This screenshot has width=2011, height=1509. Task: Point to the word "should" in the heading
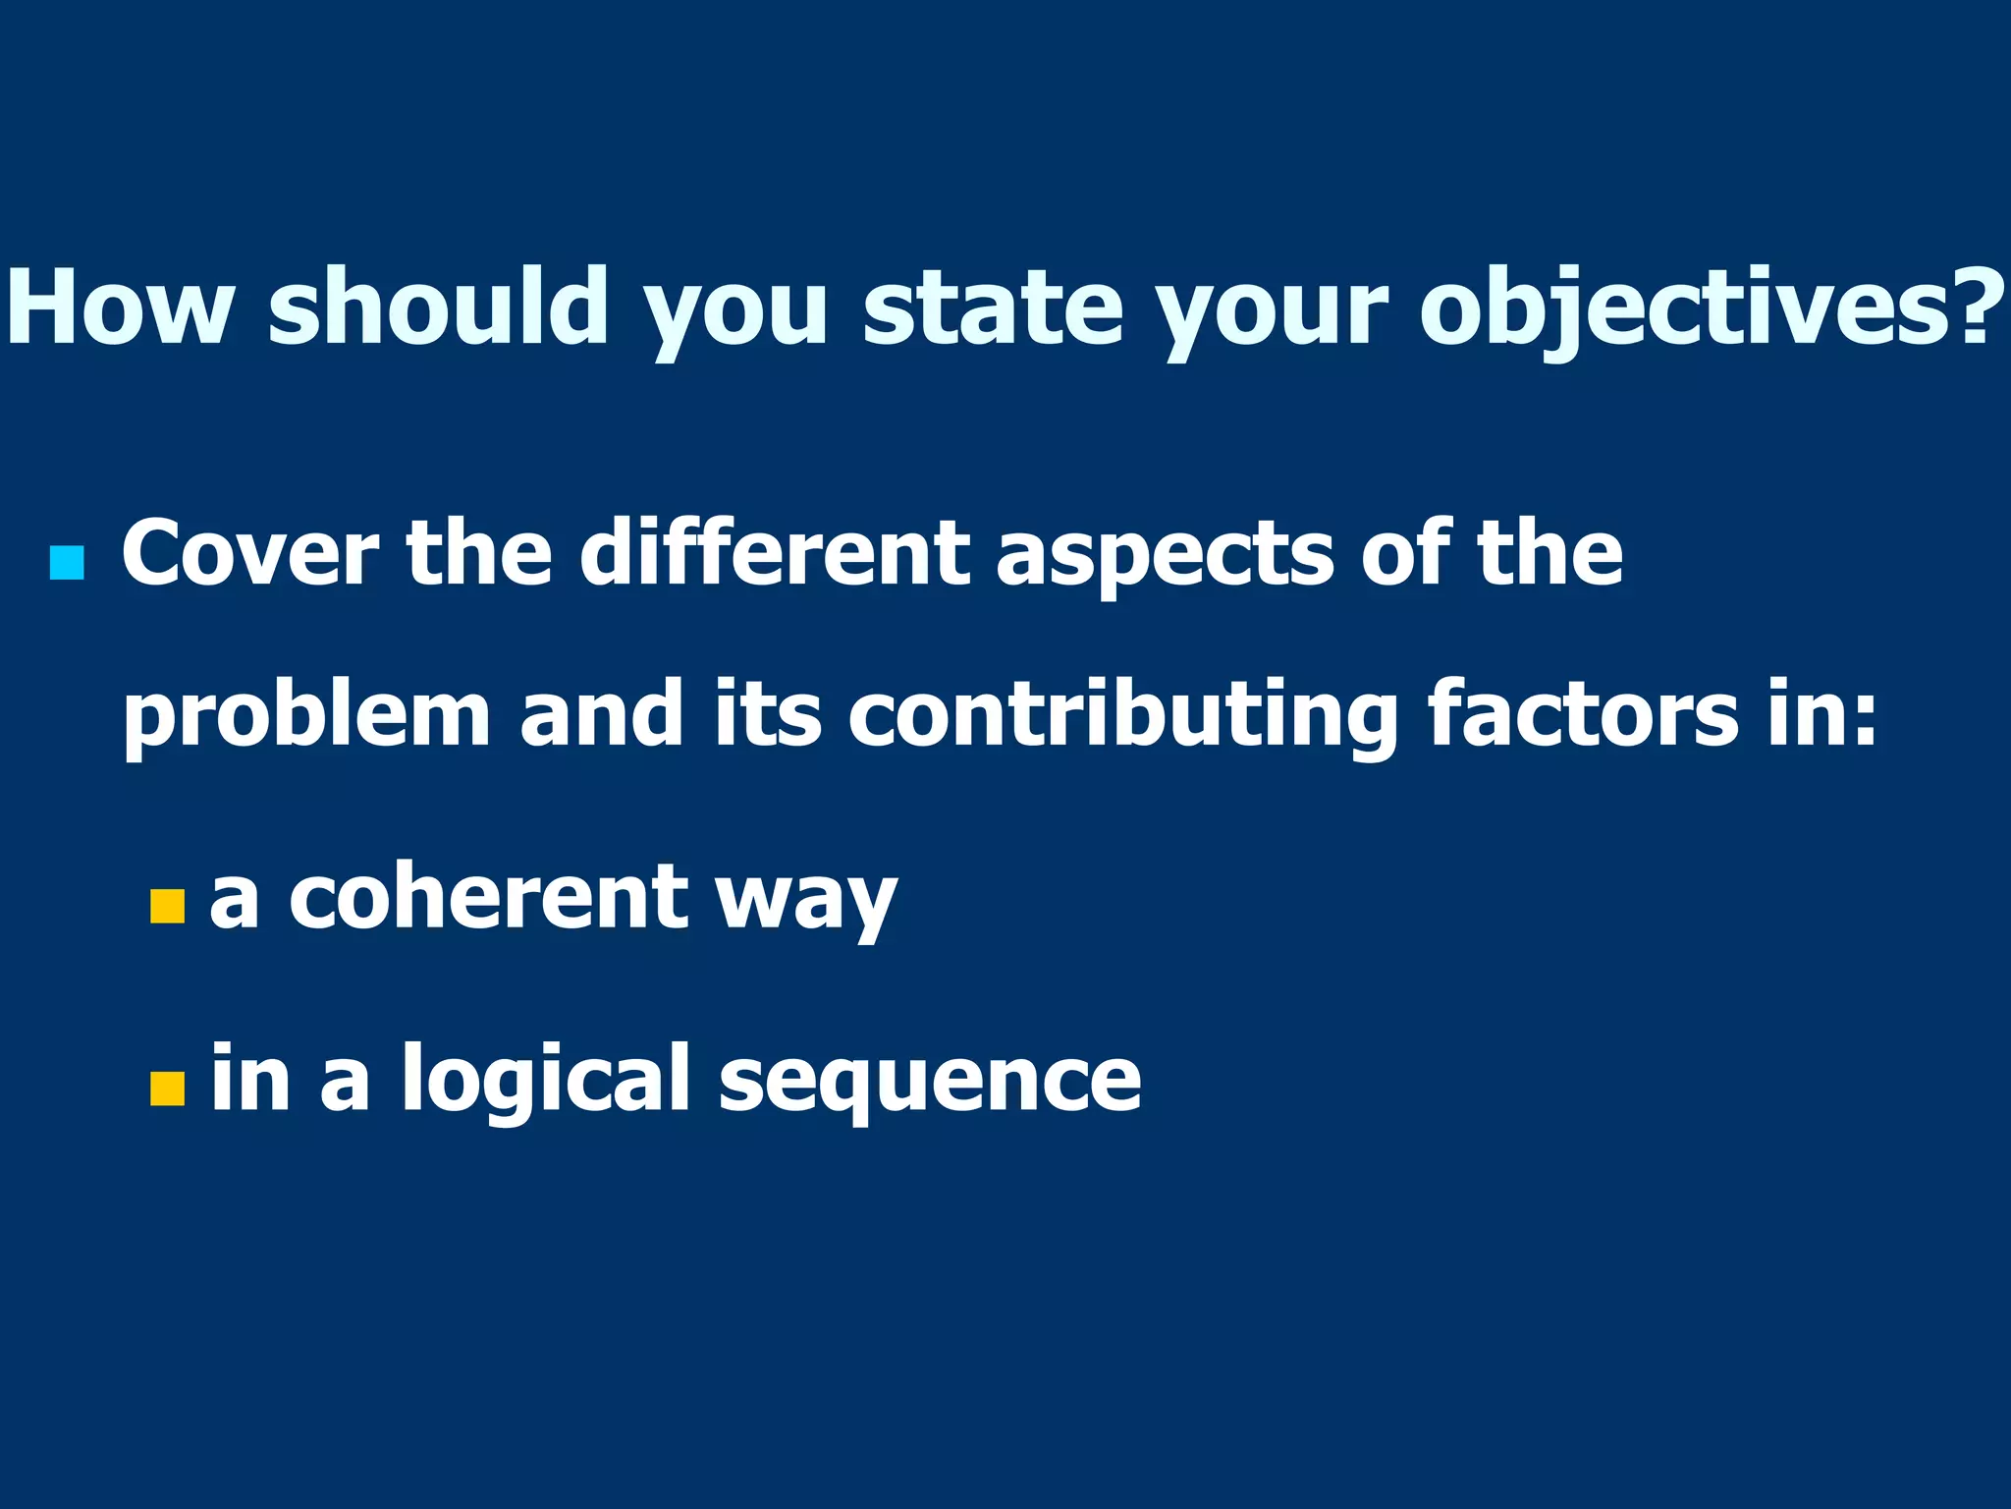pyautogui.click(x=438, y=307)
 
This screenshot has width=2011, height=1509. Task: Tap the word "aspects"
pyautogui.click(x=1165, y=556)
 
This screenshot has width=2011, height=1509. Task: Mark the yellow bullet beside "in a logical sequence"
pyautogui.click(x=167, y=1089)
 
